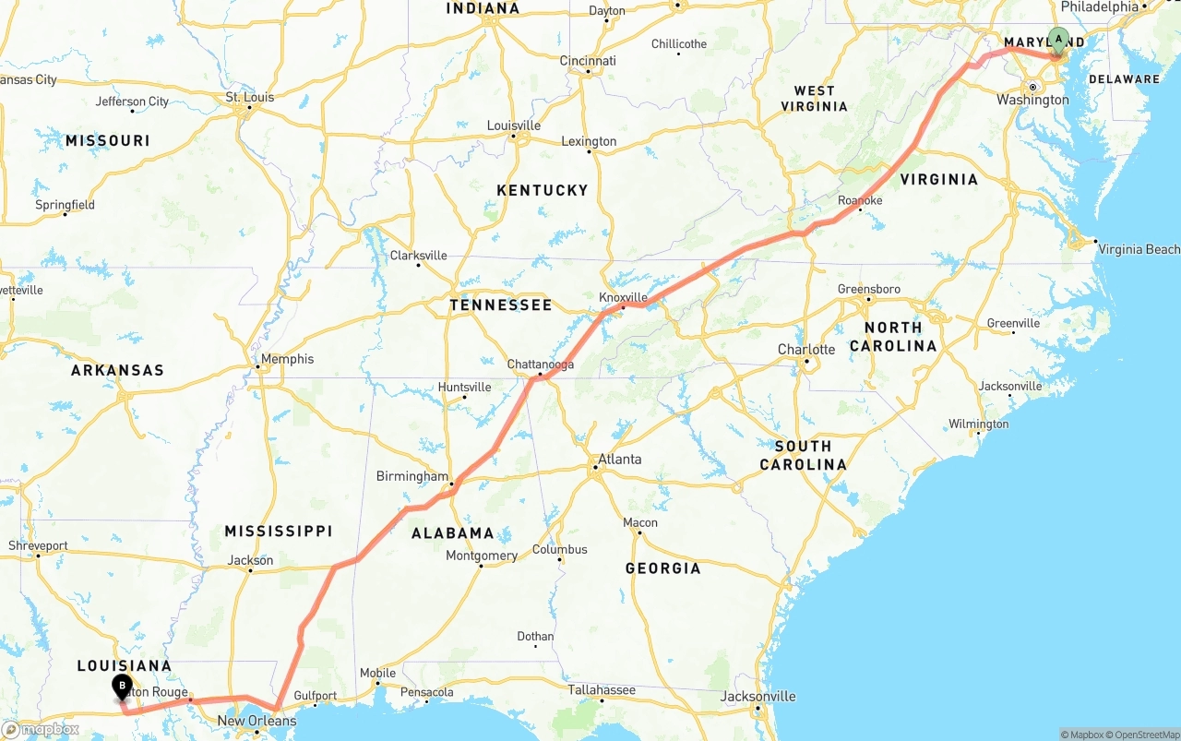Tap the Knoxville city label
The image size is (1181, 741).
pos(624,297)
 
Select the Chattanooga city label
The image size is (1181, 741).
pos(541,365)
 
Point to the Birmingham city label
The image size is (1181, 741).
pos(412,476)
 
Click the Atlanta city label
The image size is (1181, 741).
pos(619,459)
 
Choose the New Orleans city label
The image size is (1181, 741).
pos(256,721)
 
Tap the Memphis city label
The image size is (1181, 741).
pos(287,359)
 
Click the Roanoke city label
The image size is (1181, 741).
pos(860,200)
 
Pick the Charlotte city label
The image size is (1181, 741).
pos(806,349)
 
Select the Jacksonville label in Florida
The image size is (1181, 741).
pos(758,696)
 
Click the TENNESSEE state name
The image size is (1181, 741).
pos(501,305)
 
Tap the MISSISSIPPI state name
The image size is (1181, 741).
pos(279,531)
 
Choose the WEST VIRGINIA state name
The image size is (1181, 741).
pos(814,98)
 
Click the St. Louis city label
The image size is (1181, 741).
pos(250,97)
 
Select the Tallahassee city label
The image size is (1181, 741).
pos(601,689)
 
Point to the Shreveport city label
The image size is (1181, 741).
pos(39,545)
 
